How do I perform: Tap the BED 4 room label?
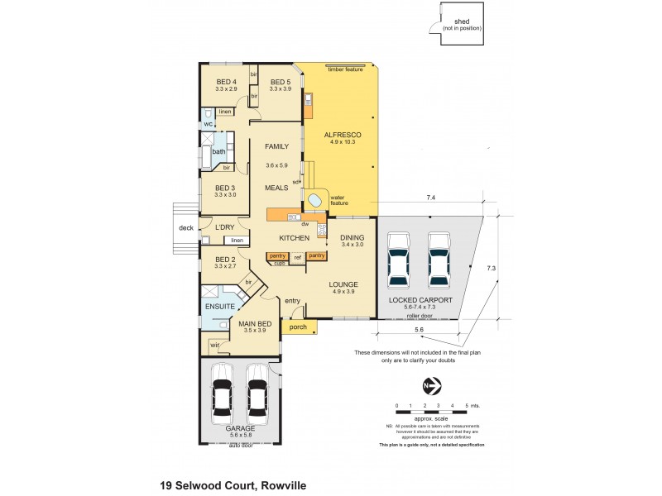[226, 82]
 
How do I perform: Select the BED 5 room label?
[280, 82]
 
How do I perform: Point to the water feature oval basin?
[315, 200]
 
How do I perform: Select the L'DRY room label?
[226, 227]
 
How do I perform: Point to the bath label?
[218, 151]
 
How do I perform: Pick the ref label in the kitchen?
[296, 257]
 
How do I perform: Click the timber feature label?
[345, 69]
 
